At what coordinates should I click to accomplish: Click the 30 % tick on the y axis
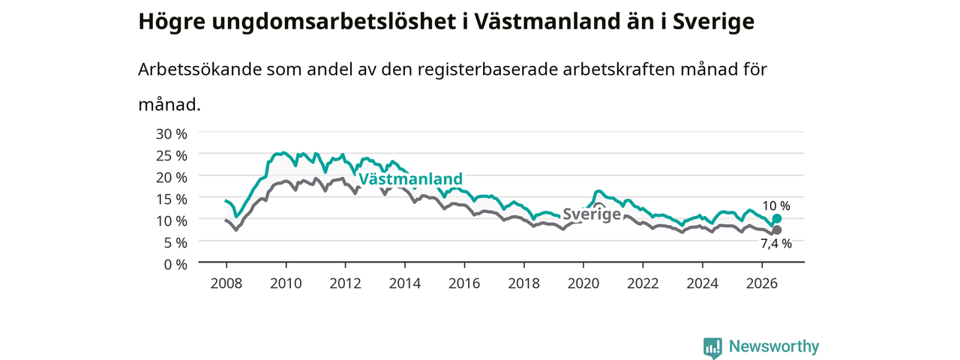(x=172, y=134)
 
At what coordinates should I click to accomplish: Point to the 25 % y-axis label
(x=172, y=155)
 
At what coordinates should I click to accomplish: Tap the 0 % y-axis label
(x=175, y=265)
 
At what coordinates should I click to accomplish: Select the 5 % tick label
(x=175, y=243)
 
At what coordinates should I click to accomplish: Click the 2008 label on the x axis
(x=226, y=283)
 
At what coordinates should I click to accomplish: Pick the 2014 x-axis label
(x=404, y=283)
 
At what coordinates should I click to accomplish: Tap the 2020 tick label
(x=583, y=283)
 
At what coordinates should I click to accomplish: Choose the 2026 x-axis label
(x=762, y=283)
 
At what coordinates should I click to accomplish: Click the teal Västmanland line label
(x=410, y=178)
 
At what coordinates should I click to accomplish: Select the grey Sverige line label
(x=592, y=214)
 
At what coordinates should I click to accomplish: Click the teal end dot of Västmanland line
(x=776, y=218)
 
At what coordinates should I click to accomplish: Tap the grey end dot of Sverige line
(x=776, y=230)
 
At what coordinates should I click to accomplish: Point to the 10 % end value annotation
(x=776, y=206)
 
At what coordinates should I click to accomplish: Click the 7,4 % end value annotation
(x=776, y=244)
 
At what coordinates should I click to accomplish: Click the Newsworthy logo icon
(x=712, y=347)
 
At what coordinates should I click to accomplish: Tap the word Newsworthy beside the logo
(x=774, y=346)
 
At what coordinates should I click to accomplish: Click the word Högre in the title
(x=172, y=22)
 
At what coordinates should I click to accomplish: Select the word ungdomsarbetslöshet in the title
(x=334, y=22)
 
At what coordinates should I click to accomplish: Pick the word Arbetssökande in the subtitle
(x=199, y=69)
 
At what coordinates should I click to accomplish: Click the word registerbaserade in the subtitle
(x=487, y=70)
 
